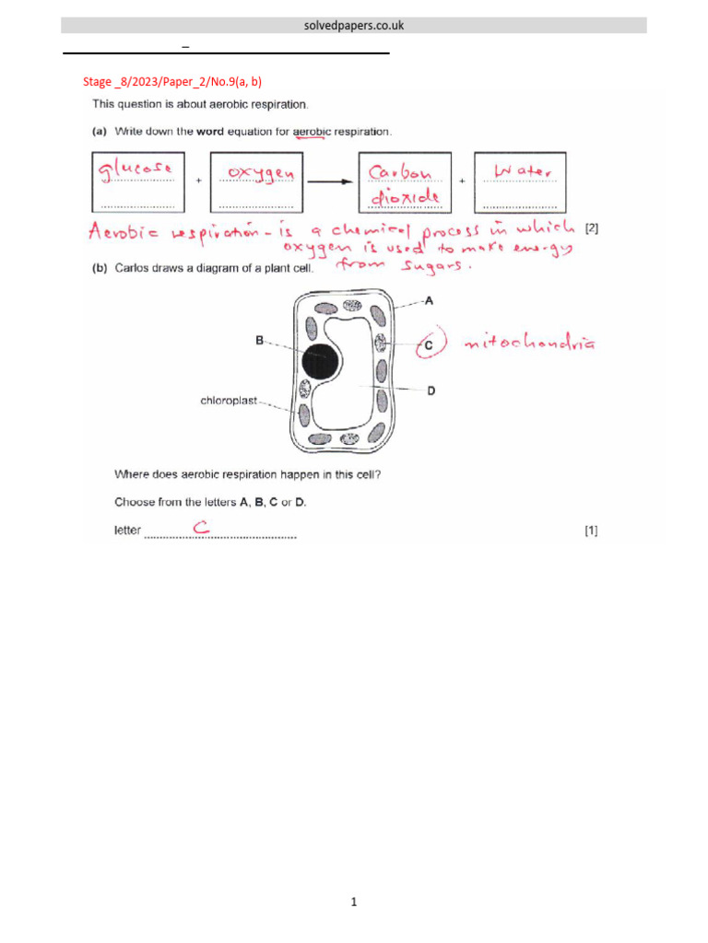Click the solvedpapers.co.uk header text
[354, 26]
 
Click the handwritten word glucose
[136, 169]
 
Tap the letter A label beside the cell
[430, 300]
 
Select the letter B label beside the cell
[260, 340]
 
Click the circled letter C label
[428, 345]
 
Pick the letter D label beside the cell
[431, 390]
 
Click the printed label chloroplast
[230, 401]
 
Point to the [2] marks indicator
[592, 228]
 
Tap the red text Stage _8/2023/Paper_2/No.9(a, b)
[165, 82]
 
